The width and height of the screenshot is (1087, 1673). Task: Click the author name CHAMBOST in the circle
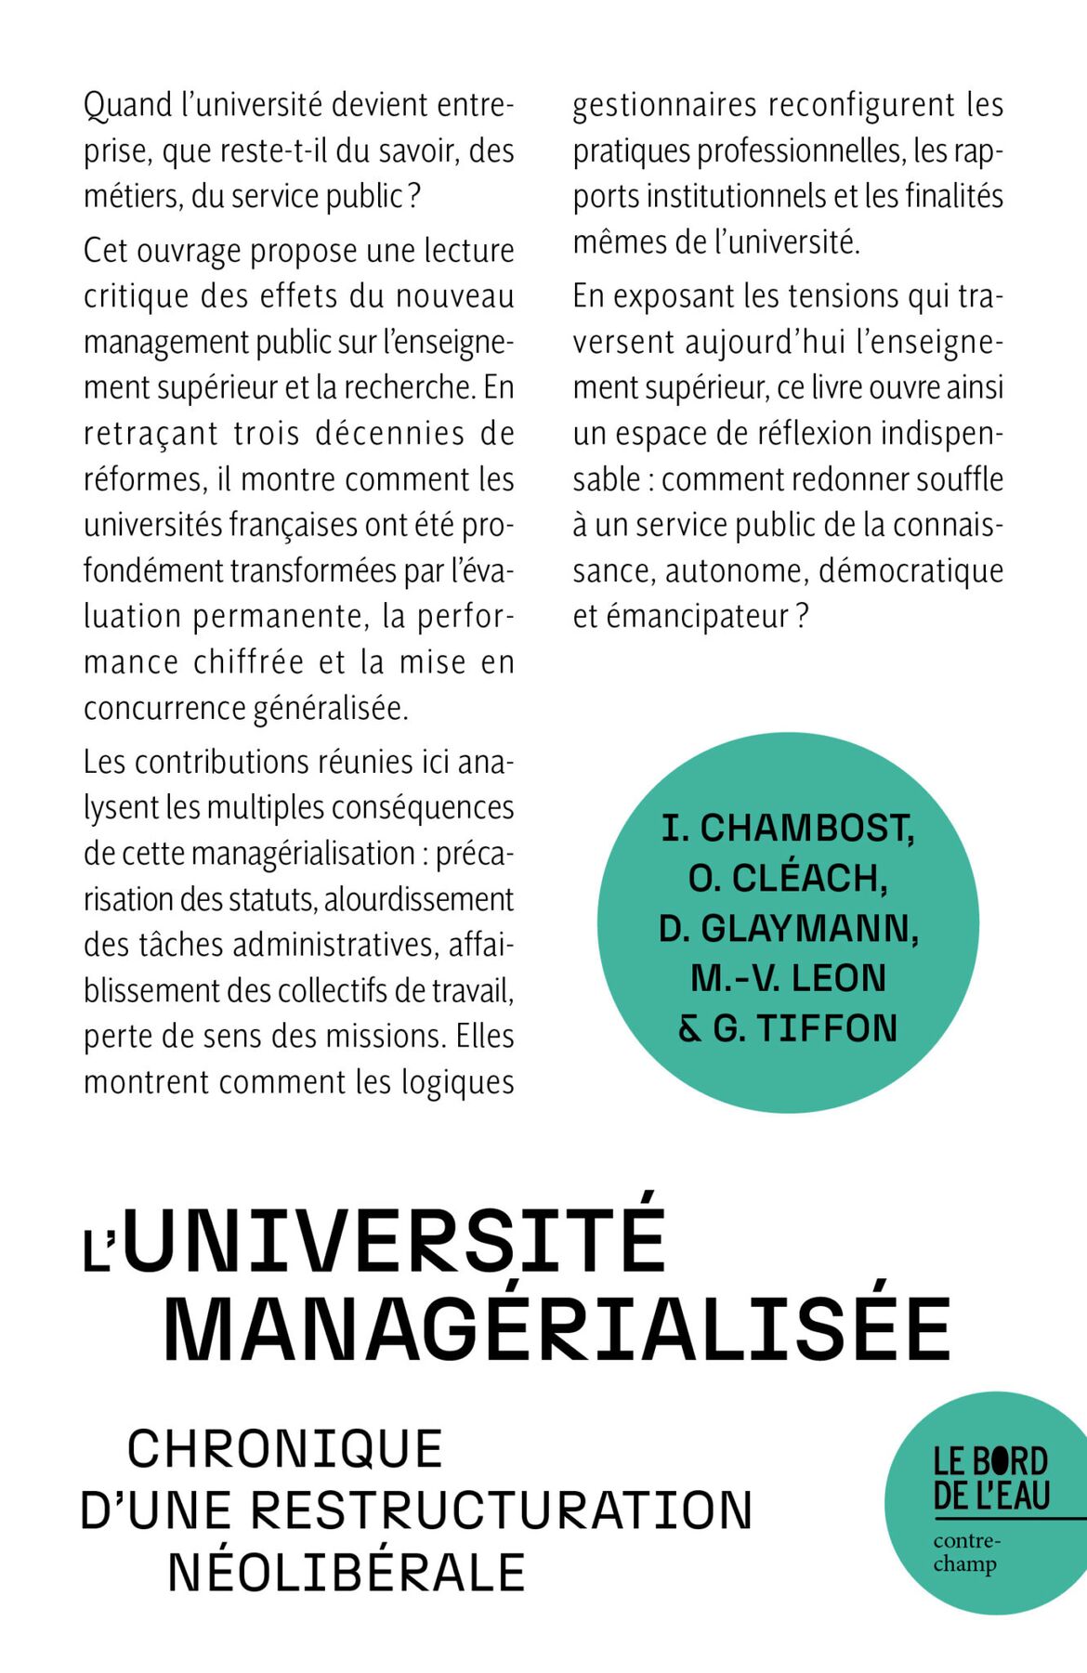806,829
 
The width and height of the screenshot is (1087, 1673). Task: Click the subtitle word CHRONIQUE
285,1449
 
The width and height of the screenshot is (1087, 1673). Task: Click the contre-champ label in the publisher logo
965,1553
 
